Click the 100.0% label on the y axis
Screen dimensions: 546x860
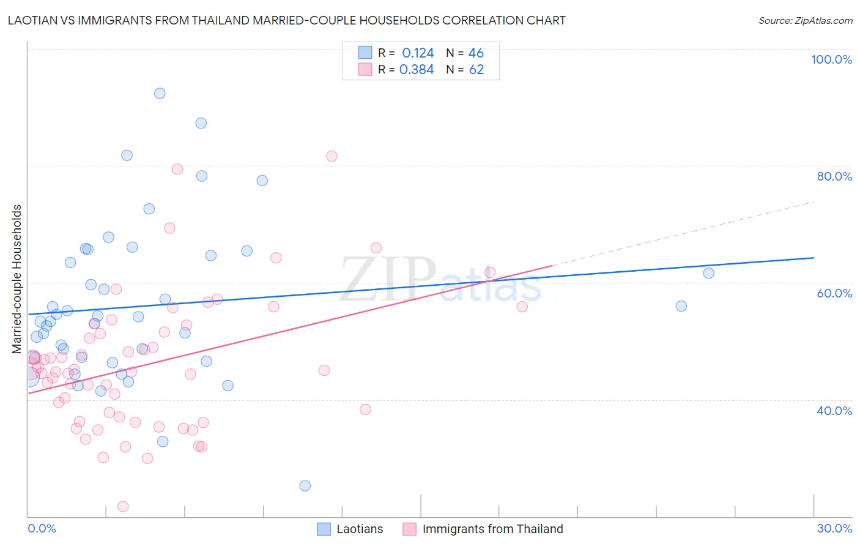831,59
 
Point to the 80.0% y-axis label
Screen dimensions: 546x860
834,176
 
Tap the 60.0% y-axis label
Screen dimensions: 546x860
834,293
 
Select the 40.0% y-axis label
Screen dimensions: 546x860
834,410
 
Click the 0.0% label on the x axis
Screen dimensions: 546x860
42,528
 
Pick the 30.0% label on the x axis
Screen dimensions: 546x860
834,528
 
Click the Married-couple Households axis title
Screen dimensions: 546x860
17,279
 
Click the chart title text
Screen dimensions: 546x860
286,20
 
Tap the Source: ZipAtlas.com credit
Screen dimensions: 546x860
805,20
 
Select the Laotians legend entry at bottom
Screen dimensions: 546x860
350,529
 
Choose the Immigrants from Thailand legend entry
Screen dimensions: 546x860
483,529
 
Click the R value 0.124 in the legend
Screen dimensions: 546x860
418,53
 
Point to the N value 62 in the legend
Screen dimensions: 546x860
476,69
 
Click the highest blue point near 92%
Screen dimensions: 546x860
160,94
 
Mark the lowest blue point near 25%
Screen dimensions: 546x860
305,486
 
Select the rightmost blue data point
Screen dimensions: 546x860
708,273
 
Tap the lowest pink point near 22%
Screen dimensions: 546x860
123,506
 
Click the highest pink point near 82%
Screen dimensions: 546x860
332,156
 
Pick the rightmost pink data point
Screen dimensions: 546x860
522,307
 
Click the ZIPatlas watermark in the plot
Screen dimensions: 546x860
440,280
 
